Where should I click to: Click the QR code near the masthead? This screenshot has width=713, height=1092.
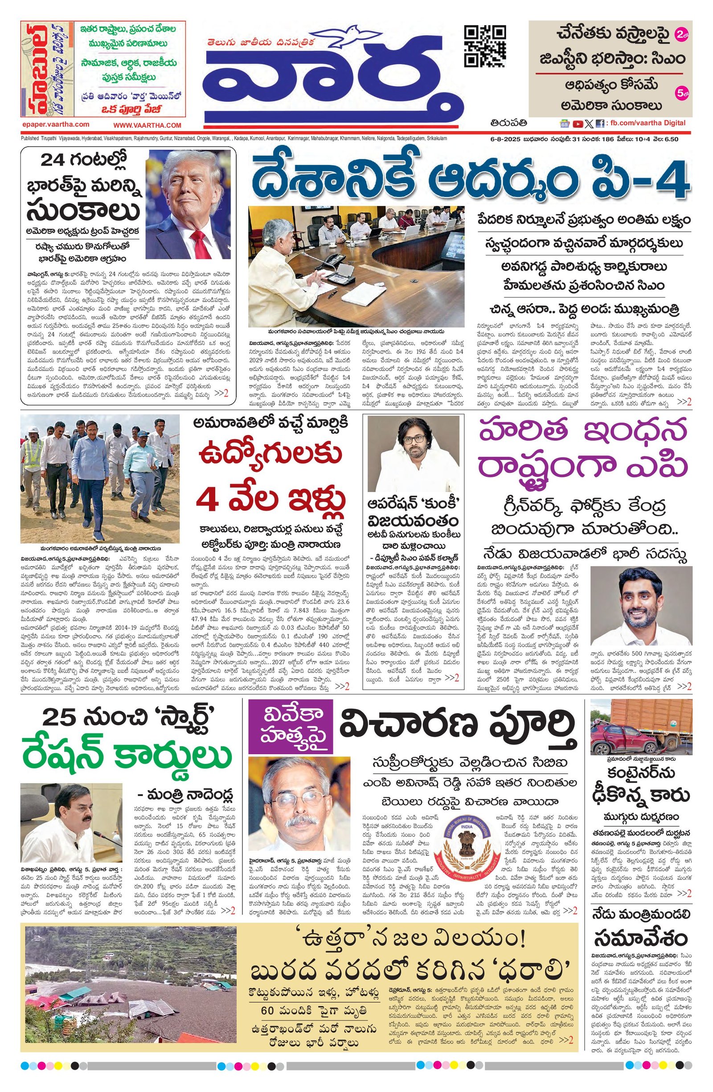coord(485,46)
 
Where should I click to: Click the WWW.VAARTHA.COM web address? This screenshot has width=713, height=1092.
coord(148,125)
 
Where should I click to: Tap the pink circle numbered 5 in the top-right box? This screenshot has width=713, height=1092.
coord(681,93)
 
